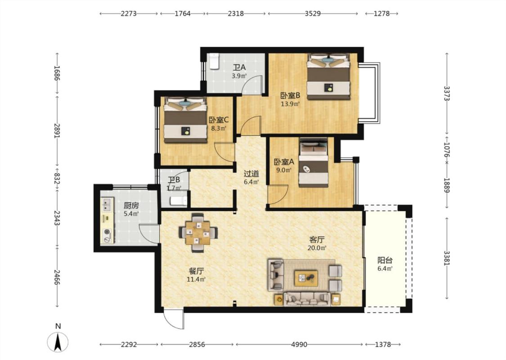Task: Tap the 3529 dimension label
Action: (313, 13)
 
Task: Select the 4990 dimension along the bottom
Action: (299, 345)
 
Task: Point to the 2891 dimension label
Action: (57, 130)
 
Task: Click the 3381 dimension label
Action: (447, 258)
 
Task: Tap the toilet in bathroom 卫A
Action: (215, 61)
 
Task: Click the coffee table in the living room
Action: (306, 278)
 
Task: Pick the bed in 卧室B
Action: (328, 77)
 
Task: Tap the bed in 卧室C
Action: (186, 120)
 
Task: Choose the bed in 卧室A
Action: (313, 162)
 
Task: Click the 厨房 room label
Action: (131, 205)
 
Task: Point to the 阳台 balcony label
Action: (385, 260)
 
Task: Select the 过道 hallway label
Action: (251, 174)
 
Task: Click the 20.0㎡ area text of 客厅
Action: (317, 248)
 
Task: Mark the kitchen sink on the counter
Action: (107, 203)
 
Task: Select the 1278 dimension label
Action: (382, 13)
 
